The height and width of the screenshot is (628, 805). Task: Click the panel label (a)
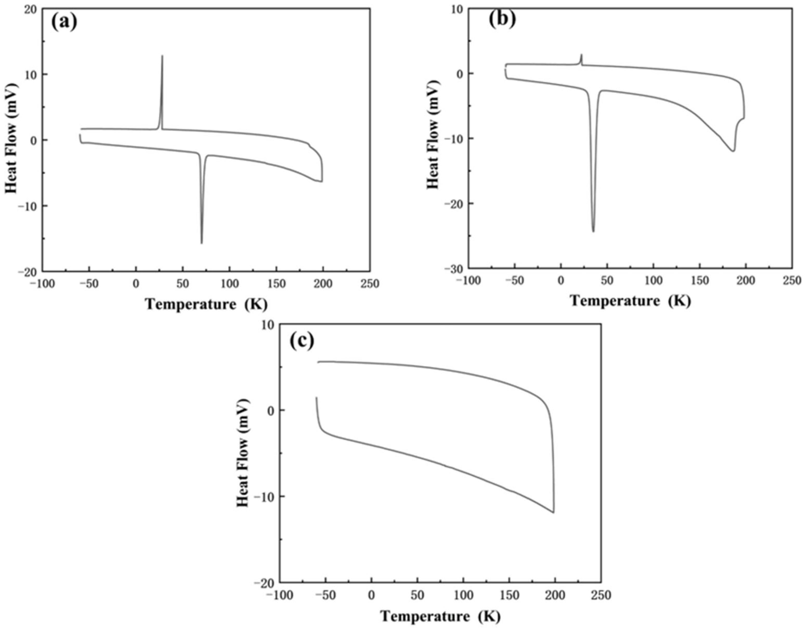point(64,23)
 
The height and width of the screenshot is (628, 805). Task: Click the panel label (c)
point(301,341)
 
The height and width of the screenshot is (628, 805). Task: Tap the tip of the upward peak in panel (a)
point(162,56)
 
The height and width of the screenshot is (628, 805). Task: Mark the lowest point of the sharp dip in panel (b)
point(593,231)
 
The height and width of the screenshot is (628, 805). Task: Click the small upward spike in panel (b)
point(581,55)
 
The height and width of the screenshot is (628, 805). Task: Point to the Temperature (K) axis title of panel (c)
point(440,616)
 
